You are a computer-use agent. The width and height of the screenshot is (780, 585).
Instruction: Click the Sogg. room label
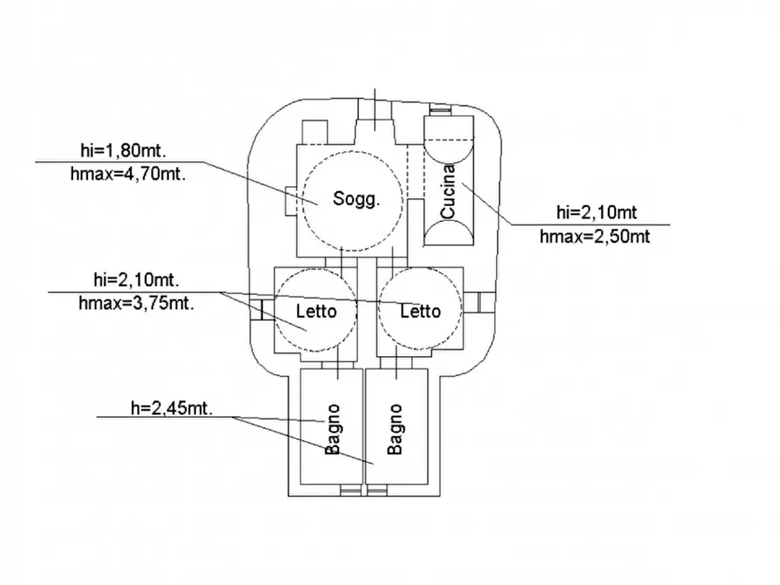coord(357,199)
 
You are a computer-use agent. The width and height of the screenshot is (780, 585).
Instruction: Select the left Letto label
coord(315,312)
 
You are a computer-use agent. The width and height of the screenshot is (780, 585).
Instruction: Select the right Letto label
coord(420,312)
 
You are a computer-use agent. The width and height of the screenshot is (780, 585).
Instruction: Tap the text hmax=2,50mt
coord(595,236)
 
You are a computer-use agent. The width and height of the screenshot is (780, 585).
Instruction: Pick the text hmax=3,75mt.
coord(135,302)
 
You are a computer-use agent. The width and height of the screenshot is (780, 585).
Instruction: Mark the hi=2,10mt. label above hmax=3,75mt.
coord(135,280)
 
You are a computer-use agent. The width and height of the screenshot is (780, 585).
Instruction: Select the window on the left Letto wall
coord(258,309)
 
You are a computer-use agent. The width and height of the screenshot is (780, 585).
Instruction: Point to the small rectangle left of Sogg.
coord(290,200)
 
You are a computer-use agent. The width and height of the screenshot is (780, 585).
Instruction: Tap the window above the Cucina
coord(440,109)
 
